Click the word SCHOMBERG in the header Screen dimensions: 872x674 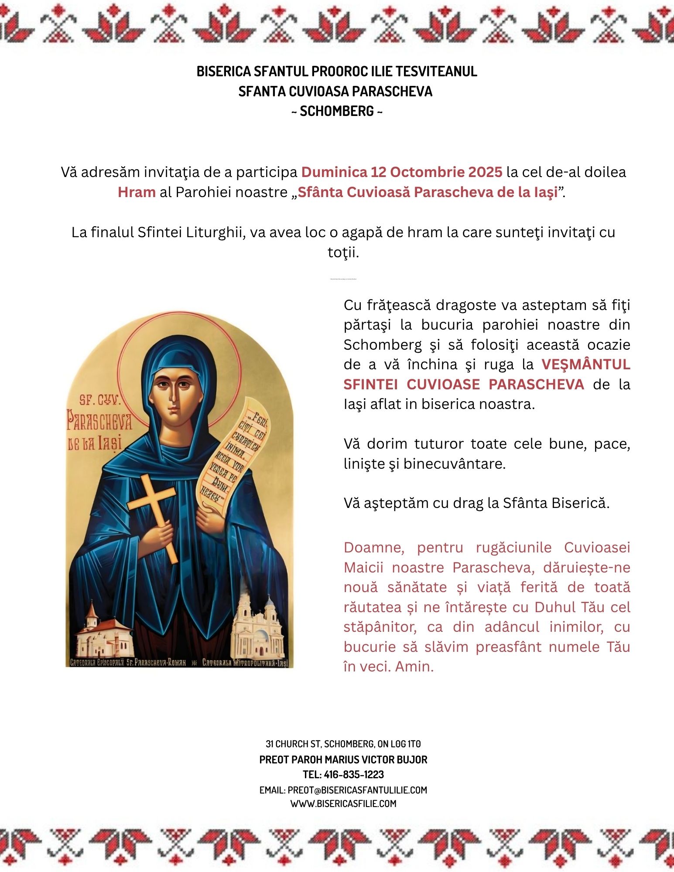pos(337,112)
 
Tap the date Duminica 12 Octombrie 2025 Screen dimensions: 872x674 pos(402,172)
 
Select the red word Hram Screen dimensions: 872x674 pos(137,192)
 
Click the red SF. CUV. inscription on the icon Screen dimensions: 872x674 pos(103,400)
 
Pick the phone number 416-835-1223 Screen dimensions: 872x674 pos(354,775)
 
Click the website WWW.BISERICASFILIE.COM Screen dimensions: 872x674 pos(343,804)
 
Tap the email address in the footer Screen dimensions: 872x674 pos(357,790)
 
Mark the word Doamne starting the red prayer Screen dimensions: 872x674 pos(374,548)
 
